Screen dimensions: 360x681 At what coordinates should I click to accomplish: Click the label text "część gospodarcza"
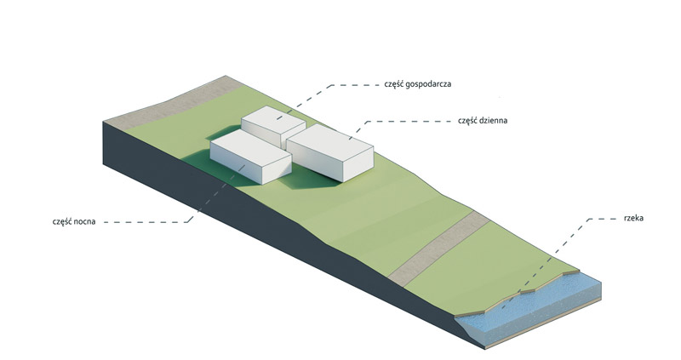coord(415,85)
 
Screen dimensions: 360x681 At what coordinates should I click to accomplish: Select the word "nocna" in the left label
coord(83,221)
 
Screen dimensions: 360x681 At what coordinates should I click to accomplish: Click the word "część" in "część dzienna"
coord(468,122)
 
